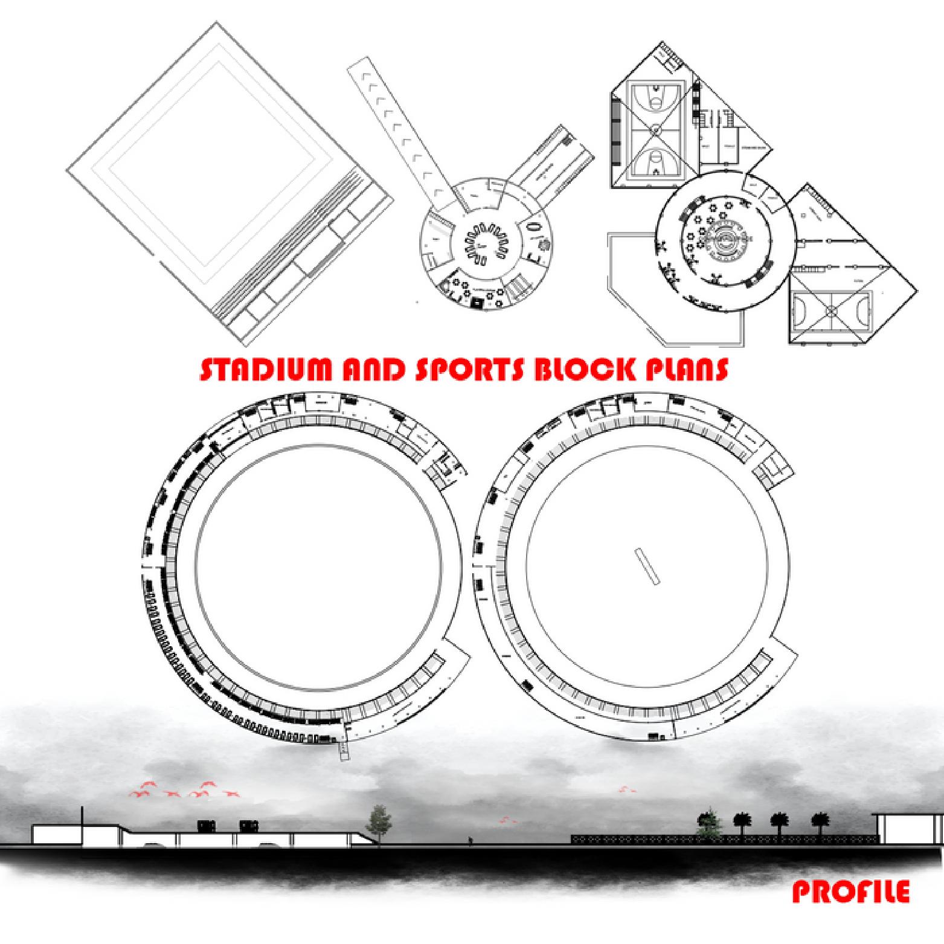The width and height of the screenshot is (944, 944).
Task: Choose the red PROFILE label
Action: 850,893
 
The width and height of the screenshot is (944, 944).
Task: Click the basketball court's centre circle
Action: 656,129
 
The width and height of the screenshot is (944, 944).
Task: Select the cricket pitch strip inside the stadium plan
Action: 646,567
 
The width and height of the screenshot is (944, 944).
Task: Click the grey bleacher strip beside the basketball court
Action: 615,132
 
